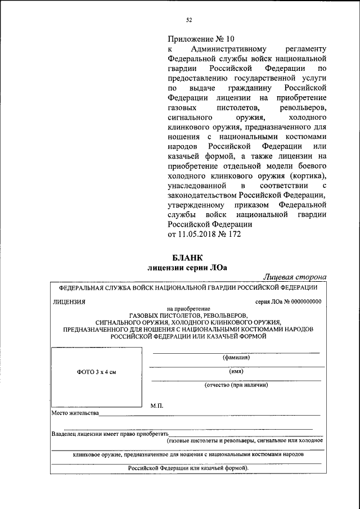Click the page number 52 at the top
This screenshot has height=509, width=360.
pyautogui.click(x=189, y=21)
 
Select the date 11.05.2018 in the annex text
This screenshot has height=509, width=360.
pyautogui.click(x=199, y=234)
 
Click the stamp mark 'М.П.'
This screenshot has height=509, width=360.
pyautogui.click(x=157, y=406)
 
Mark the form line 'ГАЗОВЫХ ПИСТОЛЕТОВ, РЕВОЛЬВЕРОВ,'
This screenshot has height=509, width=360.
pyautogui.click(x=187, y=316)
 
